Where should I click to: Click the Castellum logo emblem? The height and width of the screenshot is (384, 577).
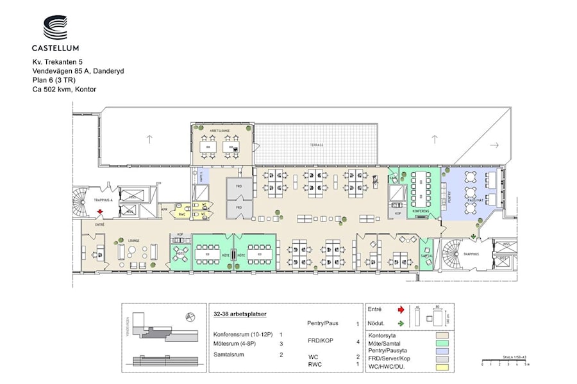pos(55,28)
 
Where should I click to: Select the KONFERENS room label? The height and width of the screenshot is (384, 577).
pos(421,210)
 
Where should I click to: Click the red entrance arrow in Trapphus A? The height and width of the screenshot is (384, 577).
pos(99,216)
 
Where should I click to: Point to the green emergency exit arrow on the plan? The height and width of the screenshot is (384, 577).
pos(473,237)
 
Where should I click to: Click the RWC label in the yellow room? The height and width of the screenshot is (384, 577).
pos(182,214)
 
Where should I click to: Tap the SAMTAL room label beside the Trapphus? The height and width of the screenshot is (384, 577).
pos(426,255)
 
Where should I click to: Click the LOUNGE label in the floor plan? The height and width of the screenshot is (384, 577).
pos(133,241)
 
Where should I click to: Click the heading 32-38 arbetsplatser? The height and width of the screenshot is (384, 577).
pos(240,314)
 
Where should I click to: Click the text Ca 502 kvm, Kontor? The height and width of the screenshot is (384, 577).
pos(64,90)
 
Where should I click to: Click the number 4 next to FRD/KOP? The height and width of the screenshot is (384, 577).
pos(357,341)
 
